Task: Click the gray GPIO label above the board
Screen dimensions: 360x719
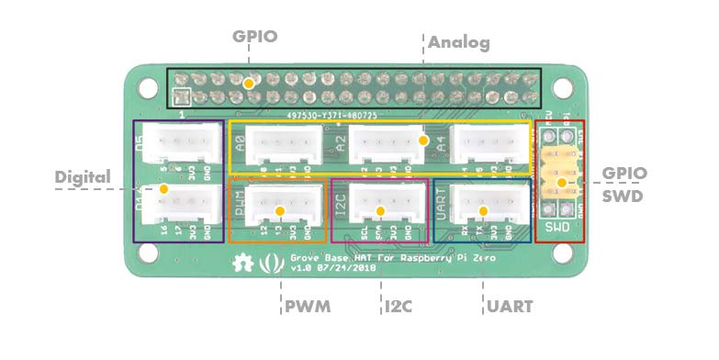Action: (254, 38)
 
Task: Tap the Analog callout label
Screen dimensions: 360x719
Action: (459, 42)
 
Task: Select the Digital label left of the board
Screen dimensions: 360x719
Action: (83, 176)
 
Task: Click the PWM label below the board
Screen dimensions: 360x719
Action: (307, 306)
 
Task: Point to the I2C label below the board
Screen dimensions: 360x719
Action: (398, 306)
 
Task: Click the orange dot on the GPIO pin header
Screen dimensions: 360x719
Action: (249, 83)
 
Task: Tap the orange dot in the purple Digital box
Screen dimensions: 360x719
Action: (163, 189)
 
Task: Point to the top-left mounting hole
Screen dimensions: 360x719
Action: (147, 87)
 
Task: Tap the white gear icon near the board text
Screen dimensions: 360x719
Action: (243, 262)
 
